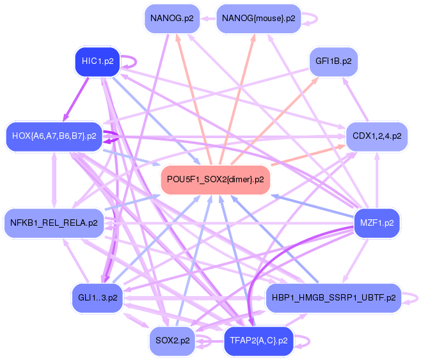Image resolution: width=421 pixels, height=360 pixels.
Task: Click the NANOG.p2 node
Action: click(x=172, y=19)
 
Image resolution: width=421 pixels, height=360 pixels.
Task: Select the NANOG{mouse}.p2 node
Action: click(x=258, y=19)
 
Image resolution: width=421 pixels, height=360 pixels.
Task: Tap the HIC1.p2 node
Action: click(x=97, y=61)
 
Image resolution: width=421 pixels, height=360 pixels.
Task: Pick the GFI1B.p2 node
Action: click(x=333, y=61)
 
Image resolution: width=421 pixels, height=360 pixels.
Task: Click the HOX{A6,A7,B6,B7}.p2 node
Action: click(x=54, y=136)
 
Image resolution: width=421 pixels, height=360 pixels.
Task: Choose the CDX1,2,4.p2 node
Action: click(x=377, y=136)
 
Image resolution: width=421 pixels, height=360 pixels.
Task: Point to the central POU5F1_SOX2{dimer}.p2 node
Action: click(x=216, y=180)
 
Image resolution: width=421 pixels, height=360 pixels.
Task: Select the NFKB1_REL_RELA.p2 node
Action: click(x=54, y=223)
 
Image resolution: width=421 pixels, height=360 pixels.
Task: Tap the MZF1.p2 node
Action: click(x=377, y=223)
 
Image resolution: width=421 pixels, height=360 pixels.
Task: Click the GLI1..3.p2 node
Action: click(x=97, y=298)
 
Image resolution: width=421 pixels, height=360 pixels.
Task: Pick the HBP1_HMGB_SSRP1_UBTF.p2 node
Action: click(x=334, y=298)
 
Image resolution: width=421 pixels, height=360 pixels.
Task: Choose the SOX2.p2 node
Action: click(x=172, y=341)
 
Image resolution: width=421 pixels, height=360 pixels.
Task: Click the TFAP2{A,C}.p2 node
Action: click(x=258, y=341)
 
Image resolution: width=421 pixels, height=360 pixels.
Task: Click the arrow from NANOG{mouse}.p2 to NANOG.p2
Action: click(x=208, y=19)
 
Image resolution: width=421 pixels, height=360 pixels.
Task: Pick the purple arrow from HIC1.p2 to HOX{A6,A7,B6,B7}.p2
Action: click(x=75, y=100)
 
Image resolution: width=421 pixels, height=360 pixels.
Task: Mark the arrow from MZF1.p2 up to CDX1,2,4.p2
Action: click(x=377, y=180)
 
